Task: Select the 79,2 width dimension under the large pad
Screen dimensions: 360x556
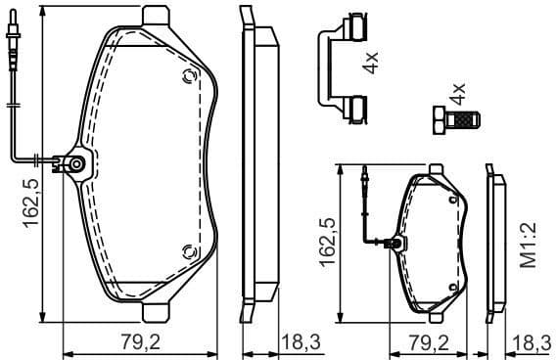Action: coord(138,341)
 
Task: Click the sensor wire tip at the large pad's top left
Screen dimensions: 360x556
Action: coord(11,44)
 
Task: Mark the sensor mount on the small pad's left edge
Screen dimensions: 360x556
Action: coord(394,243)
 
